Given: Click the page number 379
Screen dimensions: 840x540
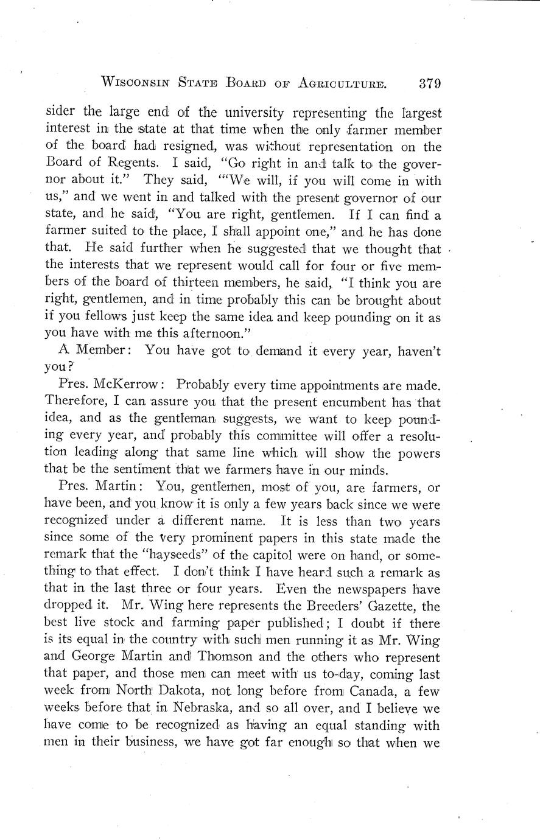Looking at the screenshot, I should [425, 83].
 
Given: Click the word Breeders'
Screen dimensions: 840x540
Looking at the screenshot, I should [329, 606].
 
